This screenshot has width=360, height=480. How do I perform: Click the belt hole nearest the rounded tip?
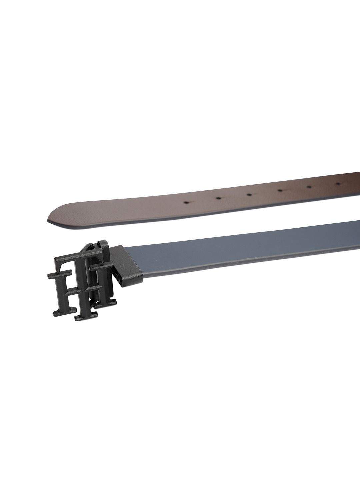[187, 202]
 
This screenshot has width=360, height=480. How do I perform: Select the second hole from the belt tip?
[218, 198]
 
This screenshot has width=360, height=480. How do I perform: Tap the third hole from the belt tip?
[249, 194]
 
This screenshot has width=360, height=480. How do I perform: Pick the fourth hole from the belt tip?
[280, 190]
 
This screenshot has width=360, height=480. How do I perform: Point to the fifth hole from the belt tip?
[310, 187]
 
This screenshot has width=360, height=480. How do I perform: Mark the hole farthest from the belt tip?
[339, 183]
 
